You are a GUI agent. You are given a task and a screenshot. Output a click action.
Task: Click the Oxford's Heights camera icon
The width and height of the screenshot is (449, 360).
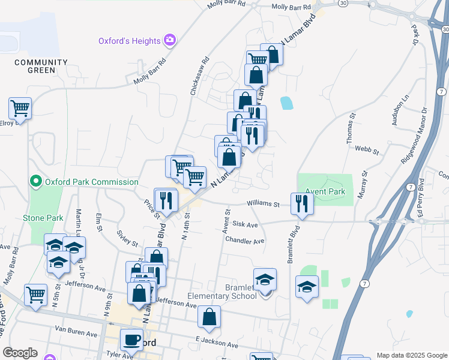tap(170, 40)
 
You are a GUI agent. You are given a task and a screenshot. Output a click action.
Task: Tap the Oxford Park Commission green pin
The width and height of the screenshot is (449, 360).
tap(35, 181)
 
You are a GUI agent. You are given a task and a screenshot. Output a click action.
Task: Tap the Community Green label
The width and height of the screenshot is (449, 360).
tap(34, 66)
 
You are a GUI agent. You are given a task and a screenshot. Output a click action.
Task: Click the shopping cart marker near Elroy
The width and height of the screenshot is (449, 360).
tap(20, 109)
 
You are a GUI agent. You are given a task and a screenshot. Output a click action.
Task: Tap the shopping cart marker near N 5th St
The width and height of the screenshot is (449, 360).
tap(35, 295)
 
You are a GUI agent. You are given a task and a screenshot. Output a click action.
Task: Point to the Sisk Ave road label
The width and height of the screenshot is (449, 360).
tap(245, 224)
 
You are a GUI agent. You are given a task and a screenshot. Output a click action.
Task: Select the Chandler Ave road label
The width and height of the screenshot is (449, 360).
tap(244, 241)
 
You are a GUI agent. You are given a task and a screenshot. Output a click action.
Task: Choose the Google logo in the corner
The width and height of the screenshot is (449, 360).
tap(20, 353)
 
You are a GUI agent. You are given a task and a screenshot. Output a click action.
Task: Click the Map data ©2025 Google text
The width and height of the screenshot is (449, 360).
tap(412, 355)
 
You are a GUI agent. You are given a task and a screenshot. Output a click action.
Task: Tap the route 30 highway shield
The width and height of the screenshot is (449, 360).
tap(342, 3)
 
